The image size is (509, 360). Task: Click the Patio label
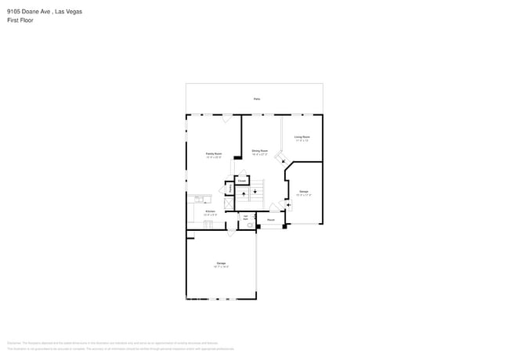tap(257, 99)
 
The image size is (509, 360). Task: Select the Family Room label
tap(214, 153)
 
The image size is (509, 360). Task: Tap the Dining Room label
tap(260, 150)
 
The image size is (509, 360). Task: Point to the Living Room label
tap(302, 137)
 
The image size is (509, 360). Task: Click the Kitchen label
tap(210, 211)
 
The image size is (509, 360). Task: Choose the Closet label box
tap(242, 181)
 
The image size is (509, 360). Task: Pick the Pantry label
tap(231, 189)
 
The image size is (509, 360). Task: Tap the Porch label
tap(270, 221)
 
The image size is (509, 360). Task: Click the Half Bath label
tap(245, 218)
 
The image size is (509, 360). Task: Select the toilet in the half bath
tap(250, 225)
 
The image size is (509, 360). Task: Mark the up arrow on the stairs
tap(244, 193)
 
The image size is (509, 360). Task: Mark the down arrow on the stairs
tap(255, 193)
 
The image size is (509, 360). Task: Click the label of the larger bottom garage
tap(221, 263)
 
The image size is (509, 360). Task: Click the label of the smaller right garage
tap(304, 192)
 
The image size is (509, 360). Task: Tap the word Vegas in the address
tap(74, 12)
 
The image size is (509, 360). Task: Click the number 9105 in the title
tap(14, 12)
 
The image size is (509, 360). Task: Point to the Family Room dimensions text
tap(214, 157)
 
